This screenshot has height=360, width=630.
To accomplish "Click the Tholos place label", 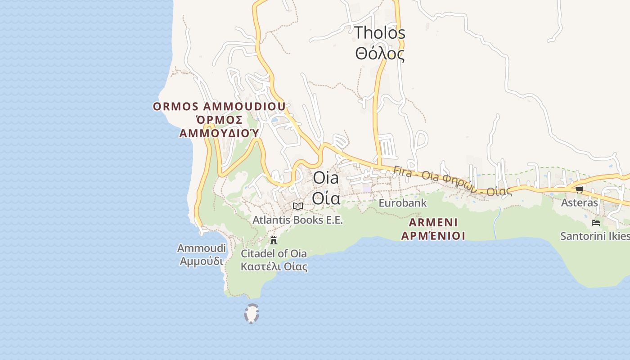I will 379,33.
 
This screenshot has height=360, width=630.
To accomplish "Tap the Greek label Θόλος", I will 379,54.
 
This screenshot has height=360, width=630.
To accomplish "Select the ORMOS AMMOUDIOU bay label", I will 219,107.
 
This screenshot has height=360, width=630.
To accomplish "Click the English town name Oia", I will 326,177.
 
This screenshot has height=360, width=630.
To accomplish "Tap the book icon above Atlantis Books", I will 297,206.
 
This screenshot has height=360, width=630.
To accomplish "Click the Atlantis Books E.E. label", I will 297,220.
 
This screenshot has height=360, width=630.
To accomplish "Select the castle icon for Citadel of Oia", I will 273,240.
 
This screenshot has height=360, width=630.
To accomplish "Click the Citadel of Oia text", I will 274,253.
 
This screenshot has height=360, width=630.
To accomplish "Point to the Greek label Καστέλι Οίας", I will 274,266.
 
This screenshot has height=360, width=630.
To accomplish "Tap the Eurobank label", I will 402,203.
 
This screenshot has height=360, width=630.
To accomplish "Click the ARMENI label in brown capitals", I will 433,222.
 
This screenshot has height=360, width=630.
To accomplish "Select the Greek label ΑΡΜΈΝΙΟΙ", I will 433,235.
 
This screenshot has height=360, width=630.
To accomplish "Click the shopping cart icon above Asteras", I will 579,189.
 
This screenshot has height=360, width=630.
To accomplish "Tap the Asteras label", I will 579,202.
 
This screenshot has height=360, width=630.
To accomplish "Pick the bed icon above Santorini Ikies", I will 596,222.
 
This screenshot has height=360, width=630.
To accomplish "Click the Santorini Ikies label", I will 594,236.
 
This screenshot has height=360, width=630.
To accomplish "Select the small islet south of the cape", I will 252,314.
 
